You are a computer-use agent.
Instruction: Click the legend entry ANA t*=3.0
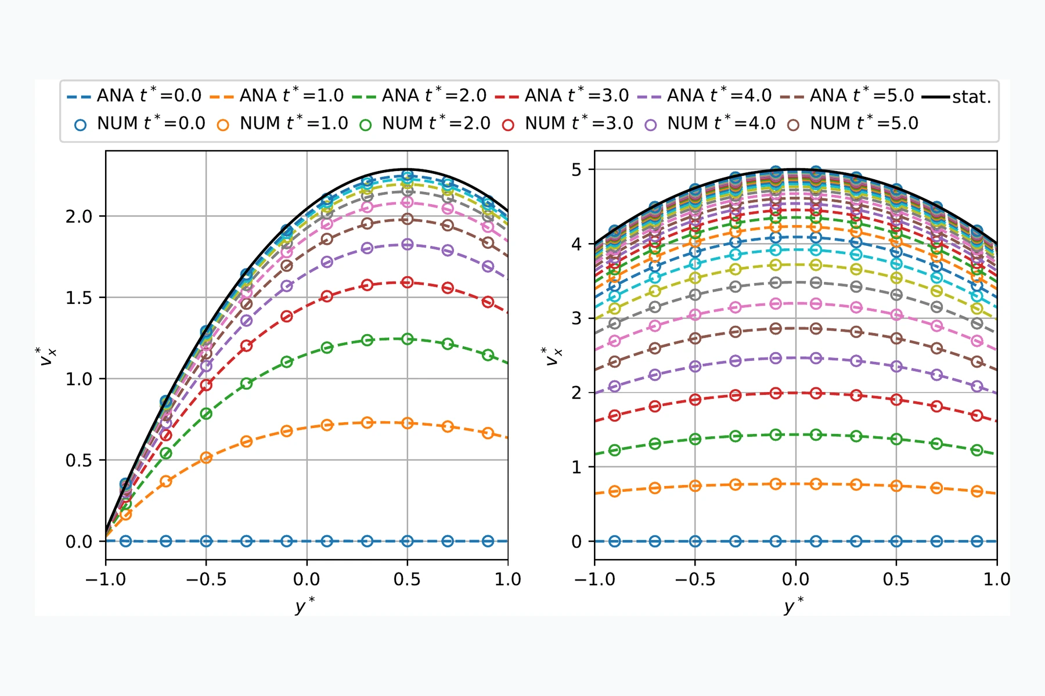click(562, 95)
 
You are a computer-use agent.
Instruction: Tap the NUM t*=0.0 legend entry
click(140, 124)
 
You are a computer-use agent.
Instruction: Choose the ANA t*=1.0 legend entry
click(277, 95)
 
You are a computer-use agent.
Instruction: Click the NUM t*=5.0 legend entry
click(853, 124)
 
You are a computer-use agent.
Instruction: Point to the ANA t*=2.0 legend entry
click(419, 95)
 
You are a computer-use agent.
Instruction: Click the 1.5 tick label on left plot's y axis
click(78, 298)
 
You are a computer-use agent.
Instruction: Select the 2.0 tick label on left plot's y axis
click(78, 217)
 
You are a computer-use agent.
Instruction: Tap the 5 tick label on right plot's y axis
click(576, 170)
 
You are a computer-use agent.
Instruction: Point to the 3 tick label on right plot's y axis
click(576, 318)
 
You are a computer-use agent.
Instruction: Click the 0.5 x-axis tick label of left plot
click(407, 579)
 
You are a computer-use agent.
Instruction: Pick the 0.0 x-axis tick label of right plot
click(795, 579)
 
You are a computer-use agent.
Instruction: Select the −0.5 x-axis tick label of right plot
click(695, 579)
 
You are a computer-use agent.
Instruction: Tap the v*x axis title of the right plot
click(552, 356)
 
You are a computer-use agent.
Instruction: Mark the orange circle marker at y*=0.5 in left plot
click(407, 423)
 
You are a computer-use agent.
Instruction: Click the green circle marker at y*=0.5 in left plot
click(407, 339)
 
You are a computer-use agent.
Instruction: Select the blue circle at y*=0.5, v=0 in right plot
click(896, 541)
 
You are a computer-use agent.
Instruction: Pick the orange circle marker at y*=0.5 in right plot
click(896, 485)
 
